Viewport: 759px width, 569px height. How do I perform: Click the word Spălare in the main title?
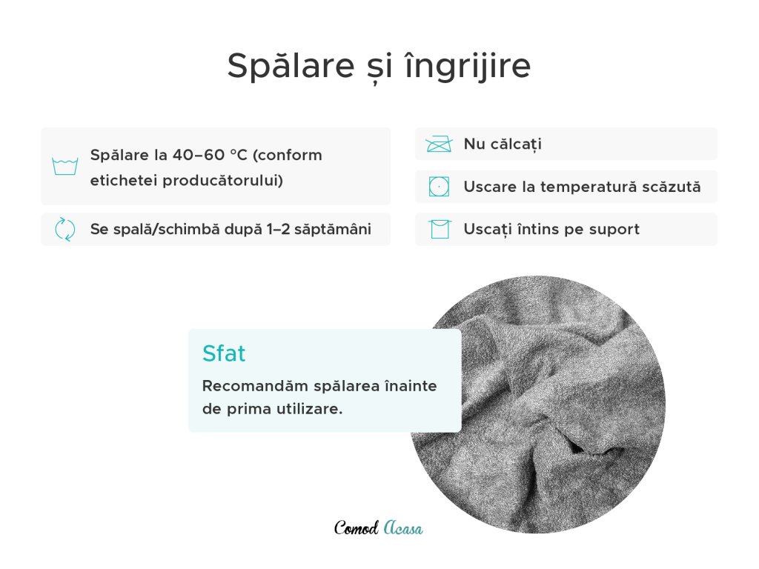[x=291, y=65]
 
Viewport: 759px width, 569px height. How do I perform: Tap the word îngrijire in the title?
[x=467, y=66]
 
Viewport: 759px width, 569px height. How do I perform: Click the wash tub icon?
[x=65, y=167]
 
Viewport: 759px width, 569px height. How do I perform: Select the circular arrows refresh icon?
[x=65, y=229]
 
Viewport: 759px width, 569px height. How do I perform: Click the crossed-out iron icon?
[x=439, y=144]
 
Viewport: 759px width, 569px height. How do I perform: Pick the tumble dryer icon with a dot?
[x=439, y=187]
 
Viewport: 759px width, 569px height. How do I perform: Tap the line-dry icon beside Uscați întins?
[x=440, y=230]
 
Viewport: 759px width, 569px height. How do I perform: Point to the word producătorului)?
[x=222, y=181]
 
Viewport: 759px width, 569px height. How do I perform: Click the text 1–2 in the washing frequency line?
[x=279, y=229]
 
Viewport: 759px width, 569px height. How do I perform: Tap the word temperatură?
[x=588, y=187]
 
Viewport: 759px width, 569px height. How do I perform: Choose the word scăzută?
[x=671, y=187]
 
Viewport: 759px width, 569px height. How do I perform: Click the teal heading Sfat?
[x=224, y=353]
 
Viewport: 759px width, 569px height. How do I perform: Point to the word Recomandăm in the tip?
[x=255, y=386]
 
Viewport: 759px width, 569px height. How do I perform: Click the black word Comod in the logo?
[x=357, y=528]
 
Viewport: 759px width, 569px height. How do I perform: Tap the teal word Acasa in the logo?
[x=403, y=528]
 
